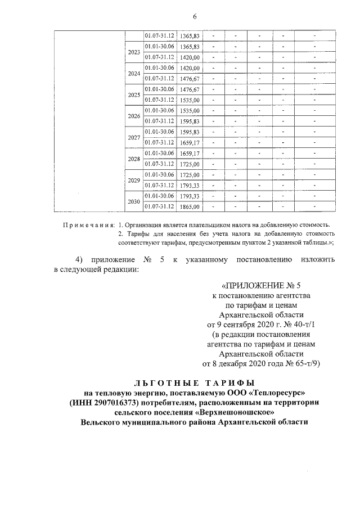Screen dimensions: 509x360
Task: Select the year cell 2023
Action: (134, 52)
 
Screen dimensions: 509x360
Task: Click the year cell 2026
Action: (134, 116)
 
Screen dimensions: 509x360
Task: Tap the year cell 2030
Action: (134, 201)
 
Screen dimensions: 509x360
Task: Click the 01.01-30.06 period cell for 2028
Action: (160, 153)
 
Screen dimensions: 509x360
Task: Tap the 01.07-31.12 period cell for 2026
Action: (160, 121)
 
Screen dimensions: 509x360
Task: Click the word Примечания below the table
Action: (88, 225)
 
